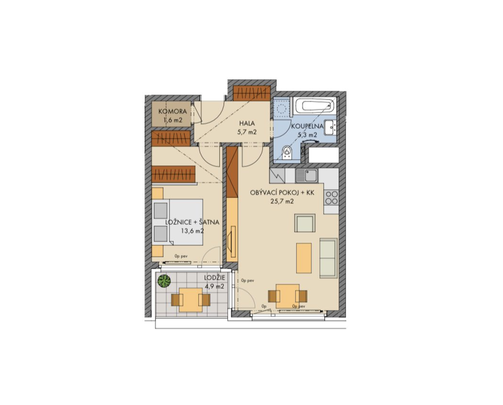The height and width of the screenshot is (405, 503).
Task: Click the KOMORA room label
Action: (173, 112)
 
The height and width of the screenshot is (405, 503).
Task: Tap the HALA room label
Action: (247, 123)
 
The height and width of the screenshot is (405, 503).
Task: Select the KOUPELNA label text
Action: (307, 126)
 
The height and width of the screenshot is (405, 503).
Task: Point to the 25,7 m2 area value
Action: (281, 202)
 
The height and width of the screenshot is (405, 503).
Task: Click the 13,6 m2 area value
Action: (193, 230)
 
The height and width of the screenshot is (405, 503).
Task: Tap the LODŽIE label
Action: (215, 278)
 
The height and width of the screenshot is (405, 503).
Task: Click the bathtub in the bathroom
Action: (315, 106)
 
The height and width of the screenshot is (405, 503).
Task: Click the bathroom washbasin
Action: (330, 128)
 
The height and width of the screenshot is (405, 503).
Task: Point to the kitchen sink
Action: (306, 176)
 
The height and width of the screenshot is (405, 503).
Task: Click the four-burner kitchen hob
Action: (331, 198)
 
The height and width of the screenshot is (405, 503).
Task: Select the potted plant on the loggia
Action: (164, 281)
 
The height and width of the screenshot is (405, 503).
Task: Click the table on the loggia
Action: (190, 300)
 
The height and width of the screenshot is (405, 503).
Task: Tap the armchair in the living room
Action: (305, 223)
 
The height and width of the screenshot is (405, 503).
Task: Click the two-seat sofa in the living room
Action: (328, 258)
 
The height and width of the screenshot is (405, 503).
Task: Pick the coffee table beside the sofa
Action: (304, 258)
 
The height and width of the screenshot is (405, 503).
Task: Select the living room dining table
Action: (287, 296)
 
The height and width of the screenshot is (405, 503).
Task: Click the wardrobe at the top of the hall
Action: (251, 94)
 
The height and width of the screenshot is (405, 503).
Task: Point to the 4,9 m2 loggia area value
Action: (215, 287)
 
